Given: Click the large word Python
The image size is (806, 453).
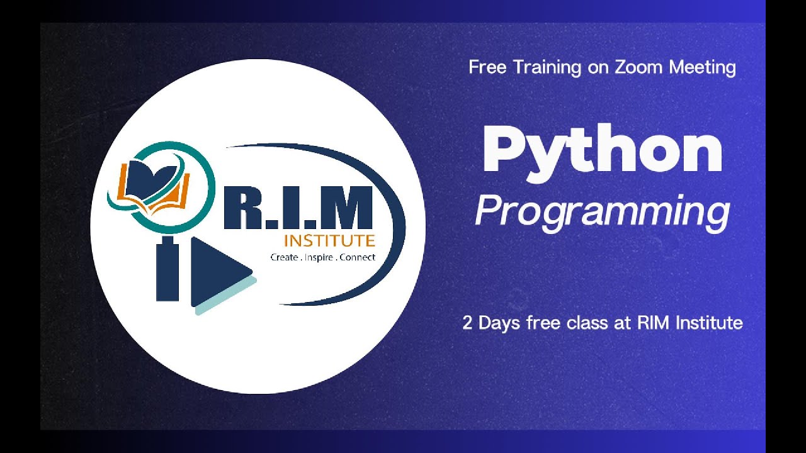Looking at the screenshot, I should coord(603,152).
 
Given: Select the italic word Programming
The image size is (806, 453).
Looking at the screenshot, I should coord(603,211).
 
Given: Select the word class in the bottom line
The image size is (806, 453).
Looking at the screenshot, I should coord(585,323).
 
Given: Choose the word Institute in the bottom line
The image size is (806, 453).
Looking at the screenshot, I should coord(709,323).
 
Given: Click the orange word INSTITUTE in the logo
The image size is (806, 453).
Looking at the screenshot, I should coord(329,241).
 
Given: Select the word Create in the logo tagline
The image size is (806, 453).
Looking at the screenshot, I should coord(283,257).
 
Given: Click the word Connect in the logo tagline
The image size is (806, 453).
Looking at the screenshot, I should coord(357,257).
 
